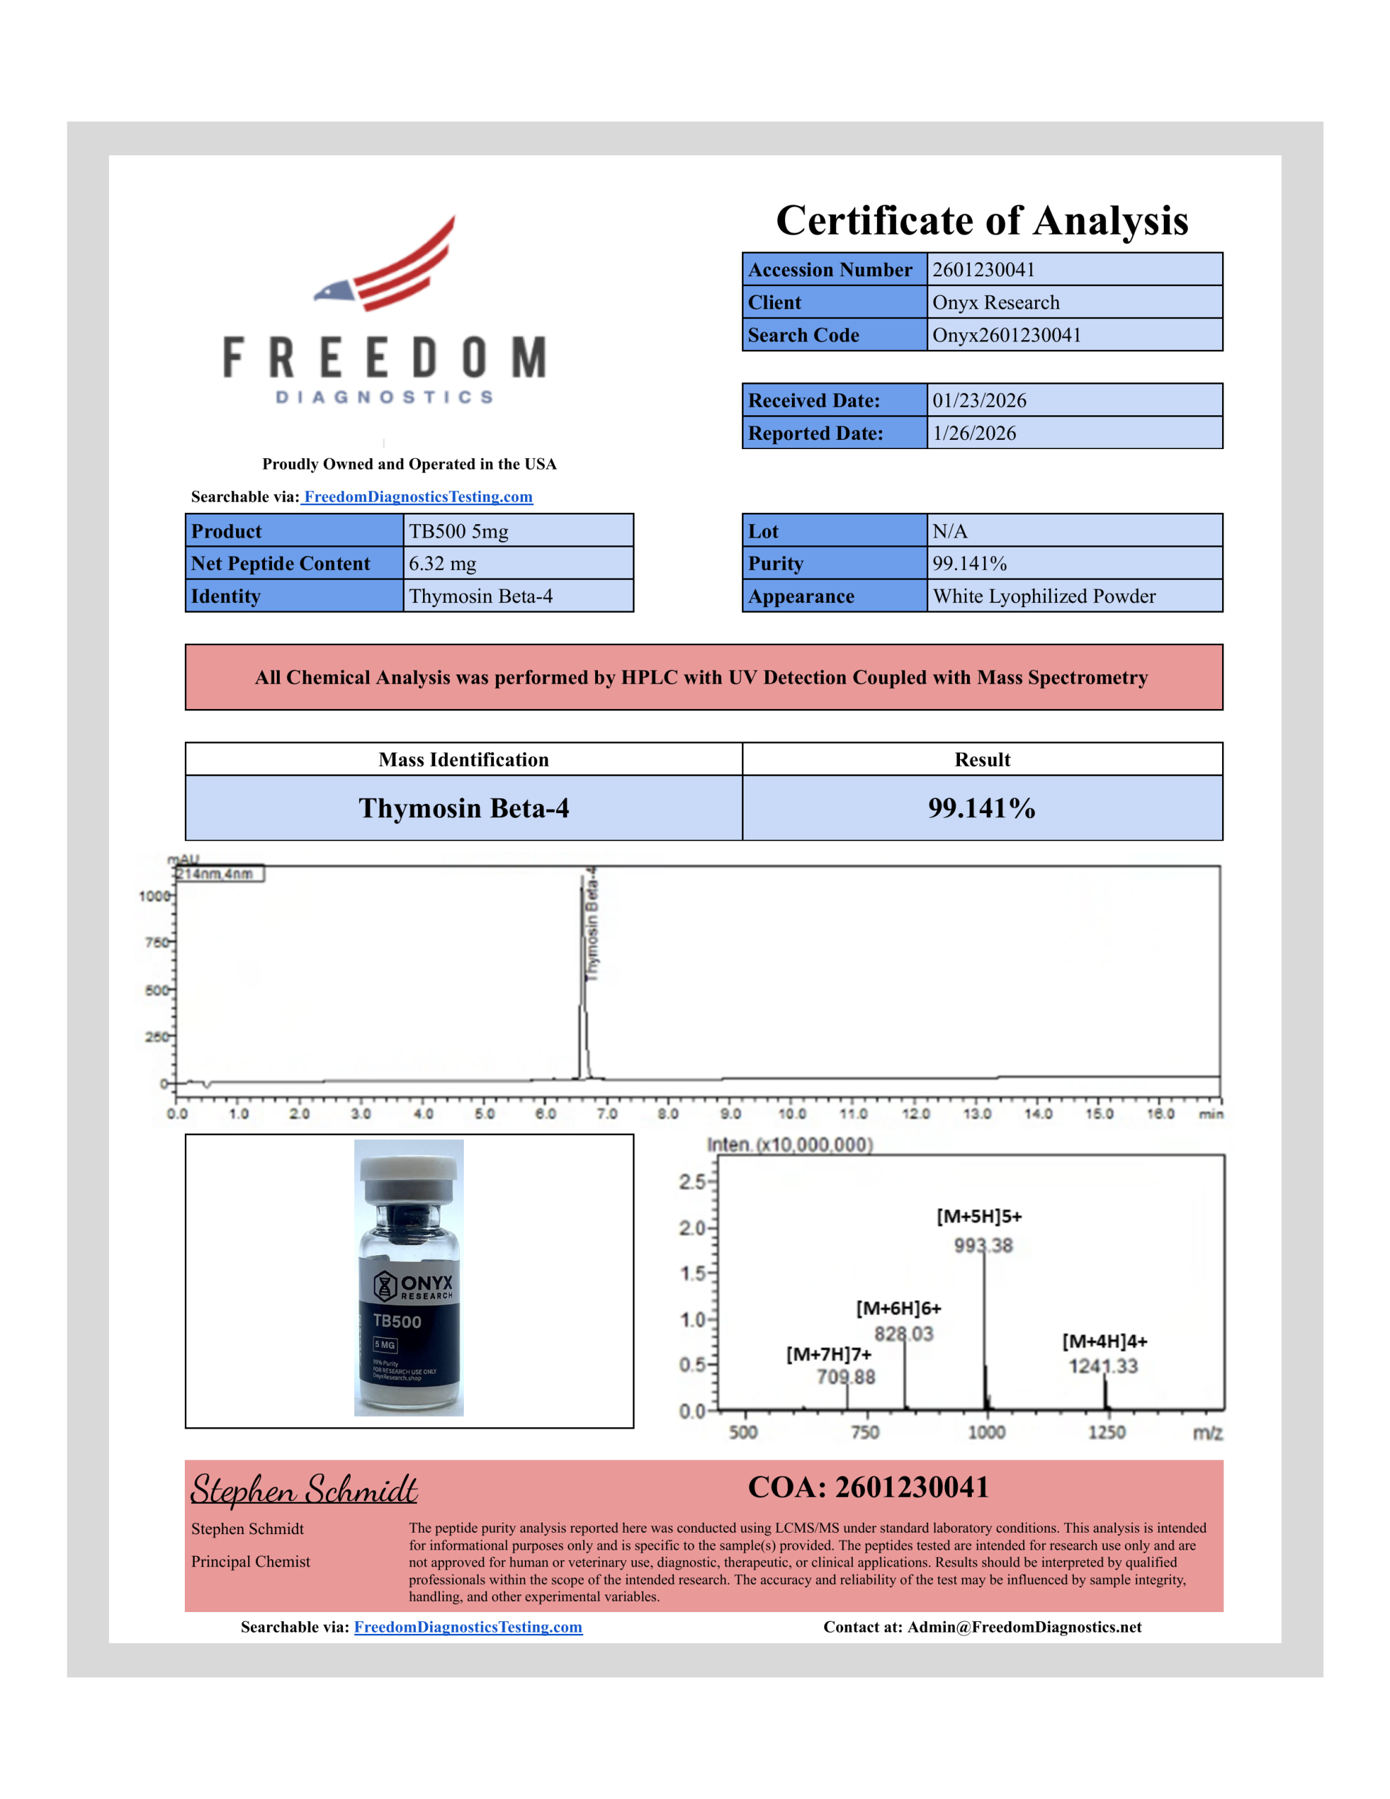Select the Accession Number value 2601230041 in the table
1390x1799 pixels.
point(983,269)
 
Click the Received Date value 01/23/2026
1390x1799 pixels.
point(979,401)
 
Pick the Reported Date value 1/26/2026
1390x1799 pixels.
point(974,434)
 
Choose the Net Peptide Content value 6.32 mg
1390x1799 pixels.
point(443,564)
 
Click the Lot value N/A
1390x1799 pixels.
point(949,531)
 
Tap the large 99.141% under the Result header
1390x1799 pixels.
point(981,808)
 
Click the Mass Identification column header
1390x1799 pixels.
point(463,760)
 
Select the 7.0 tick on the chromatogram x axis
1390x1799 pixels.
point(606,1114)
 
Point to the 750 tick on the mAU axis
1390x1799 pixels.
point(156,942)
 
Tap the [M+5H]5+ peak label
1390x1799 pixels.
point(979,1216)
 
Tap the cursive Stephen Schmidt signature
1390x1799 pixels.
point(304,1489)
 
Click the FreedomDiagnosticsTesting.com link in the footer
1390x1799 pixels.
point(468,1627)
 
